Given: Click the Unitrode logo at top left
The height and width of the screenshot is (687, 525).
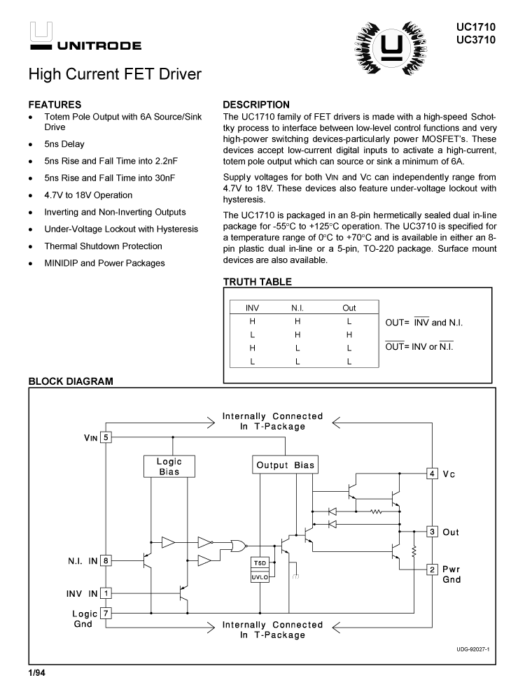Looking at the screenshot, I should point(84,38).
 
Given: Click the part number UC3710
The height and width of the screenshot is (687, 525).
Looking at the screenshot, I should point(475,39).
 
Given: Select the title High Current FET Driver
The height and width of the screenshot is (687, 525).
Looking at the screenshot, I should point(115,73).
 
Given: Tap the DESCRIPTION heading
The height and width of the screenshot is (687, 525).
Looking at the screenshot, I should point(255,104).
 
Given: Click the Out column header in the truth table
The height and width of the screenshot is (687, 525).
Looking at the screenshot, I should point(349,308).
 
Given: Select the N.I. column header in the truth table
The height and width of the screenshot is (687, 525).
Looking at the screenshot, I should point(297,308).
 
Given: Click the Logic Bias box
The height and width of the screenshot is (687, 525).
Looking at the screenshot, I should point(169,467).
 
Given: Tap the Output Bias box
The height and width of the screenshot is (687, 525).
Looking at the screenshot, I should point(285,465).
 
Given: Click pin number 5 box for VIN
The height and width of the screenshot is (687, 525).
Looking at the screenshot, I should point(106,437).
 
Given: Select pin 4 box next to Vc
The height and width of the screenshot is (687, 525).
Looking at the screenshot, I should point(433,474).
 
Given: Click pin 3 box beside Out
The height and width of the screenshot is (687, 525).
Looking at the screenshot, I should point(433,532).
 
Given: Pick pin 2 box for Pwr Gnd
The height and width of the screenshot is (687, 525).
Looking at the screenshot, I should point(433,569).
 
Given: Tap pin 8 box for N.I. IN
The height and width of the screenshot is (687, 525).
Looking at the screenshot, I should point(106,560).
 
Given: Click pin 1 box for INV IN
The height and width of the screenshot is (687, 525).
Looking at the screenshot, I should point(106,593).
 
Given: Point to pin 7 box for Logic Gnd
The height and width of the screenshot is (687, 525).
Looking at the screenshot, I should point(106,613).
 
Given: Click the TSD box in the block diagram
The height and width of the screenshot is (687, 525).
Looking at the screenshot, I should point(259,564).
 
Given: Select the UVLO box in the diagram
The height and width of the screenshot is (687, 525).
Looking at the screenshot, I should point(259,576).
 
